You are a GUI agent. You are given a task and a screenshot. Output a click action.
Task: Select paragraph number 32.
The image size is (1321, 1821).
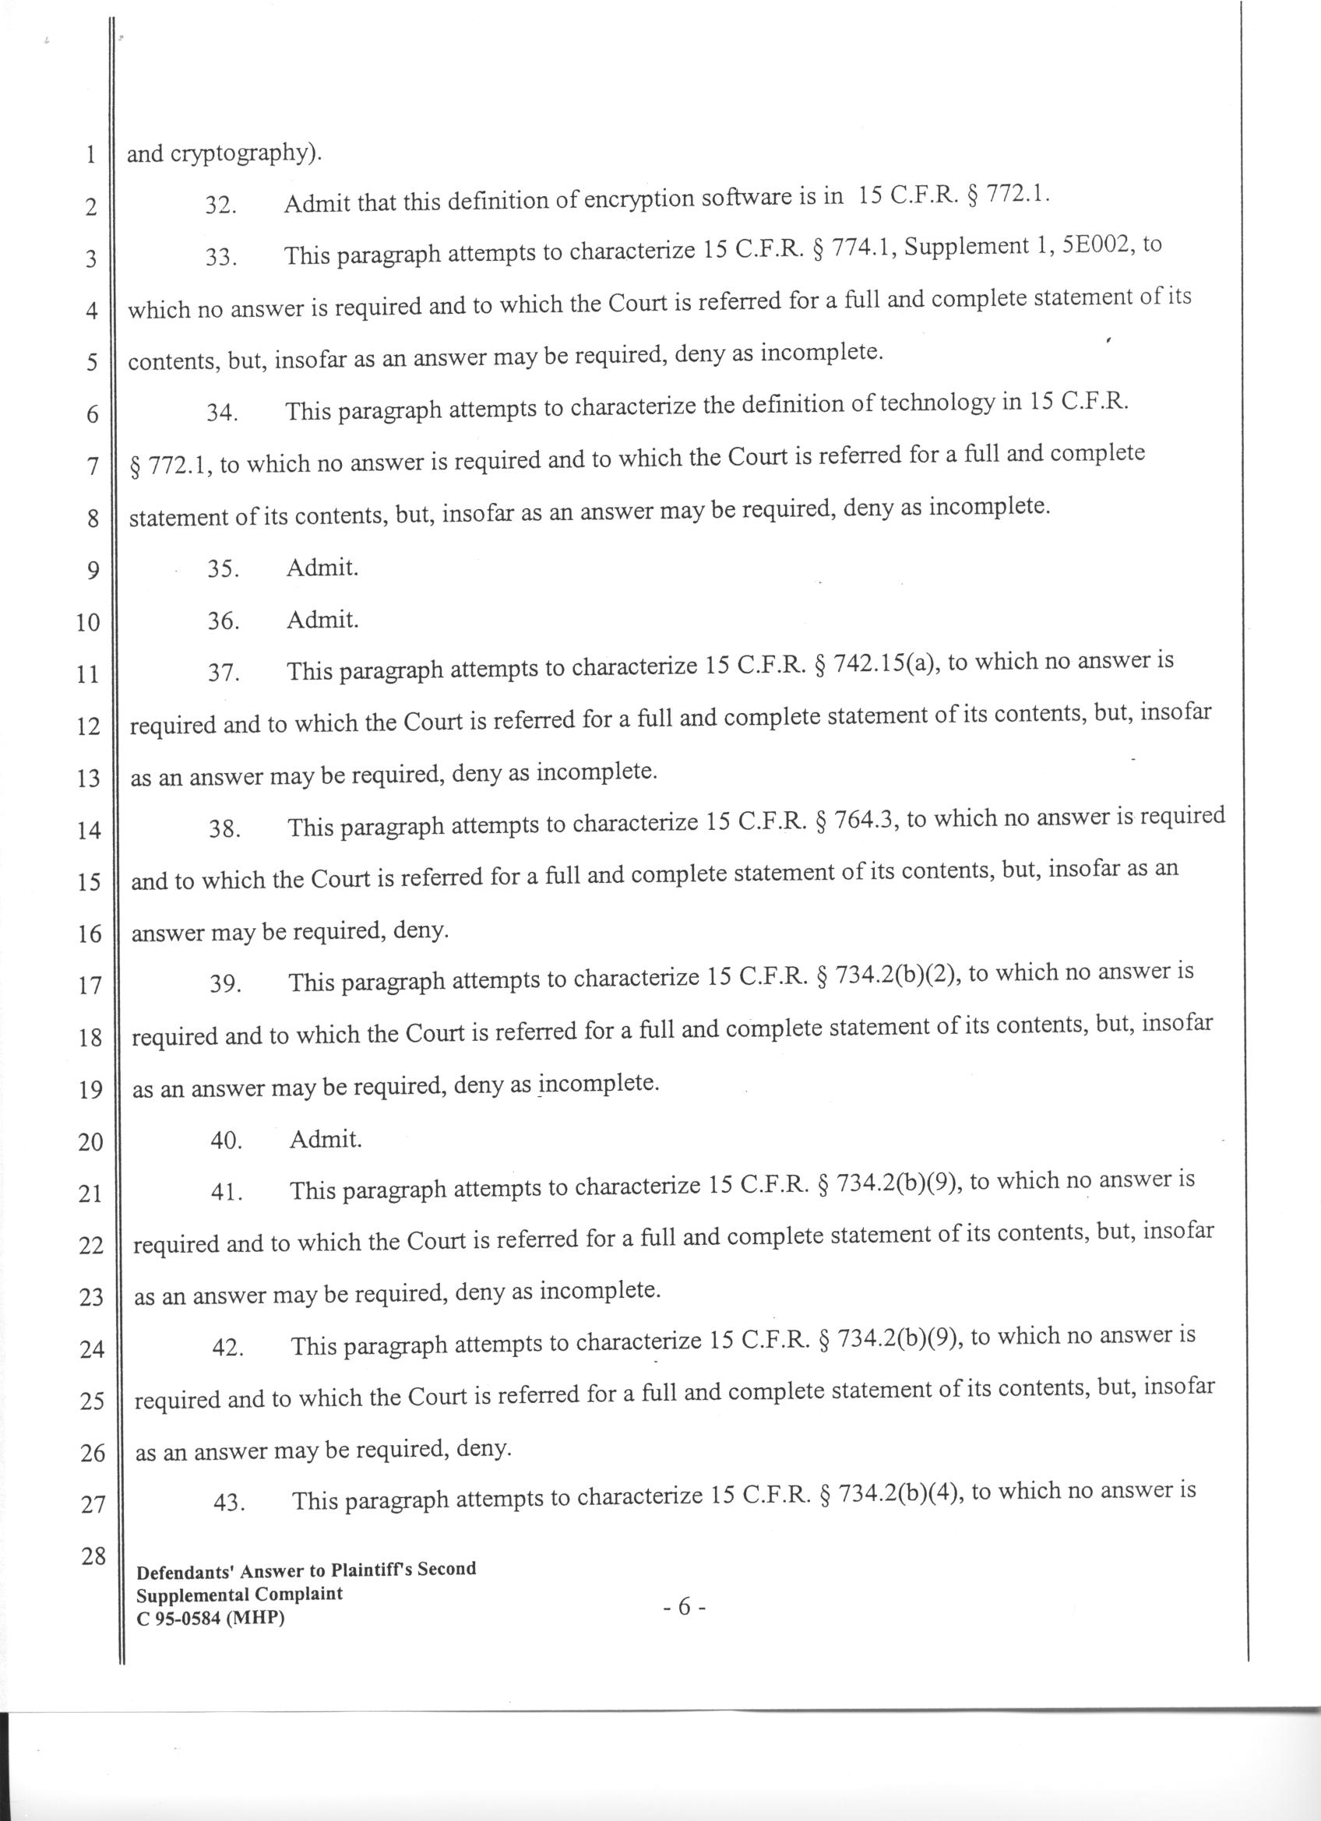(x=220, y=206)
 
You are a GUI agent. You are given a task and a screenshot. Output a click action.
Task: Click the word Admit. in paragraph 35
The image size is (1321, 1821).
(x=322, y=568)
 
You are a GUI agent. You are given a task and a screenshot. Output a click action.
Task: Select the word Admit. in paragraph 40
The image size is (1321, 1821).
(x=326, y=1139)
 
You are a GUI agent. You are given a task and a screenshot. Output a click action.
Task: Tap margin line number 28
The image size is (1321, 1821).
(x=93, y=1556)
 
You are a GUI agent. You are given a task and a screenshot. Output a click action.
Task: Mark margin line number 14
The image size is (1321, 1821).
(x=88, y=830)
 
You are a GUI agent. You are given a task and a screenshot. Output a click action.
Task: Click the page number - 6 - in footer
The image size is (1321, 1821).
(x=684, y=1606)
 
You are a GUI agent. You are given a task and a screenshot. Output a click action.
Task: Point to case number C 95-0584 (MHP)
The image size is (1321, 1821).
(x=210, y=1619)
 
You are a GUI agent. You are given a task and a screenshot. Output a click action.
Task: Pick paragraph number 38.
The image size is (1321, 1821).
(x=225, y=830)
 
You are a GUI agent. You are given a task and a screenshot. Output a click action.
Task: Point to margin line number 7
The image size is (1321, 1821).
(x=92, y=466)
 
